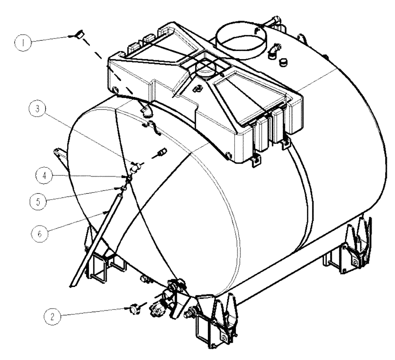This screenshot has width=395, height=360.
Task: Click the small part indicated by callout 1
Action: (79, 35)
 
